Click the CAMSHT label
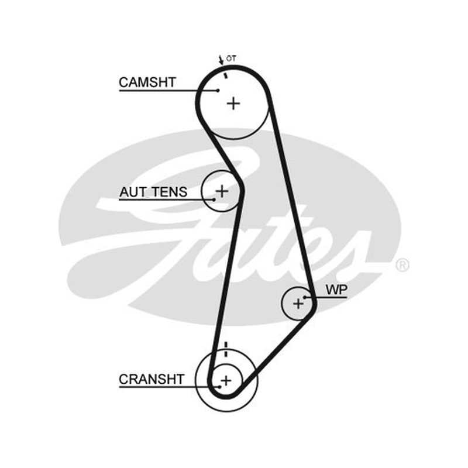click(147, 82)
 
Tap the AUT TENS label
click(153, 192)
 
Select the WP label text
click(336, 290)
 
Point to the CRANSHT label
click(152, 379)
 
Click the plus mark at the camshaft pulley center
click(233, 104)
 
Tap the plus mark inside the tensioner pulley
click(222, 191)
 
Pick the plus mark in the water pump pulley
click(298, 304)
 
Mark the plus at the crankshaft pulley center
click(226, 381)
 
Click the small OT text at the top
click(231, 58)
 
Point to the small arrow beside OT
click(221, 60)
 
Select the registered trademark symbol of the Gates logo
click(402, 265)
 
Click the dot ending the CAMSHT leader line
click(218, 91)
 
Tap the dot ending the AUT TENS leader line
click(214, 199)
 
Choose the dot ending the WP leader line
click(305, 298)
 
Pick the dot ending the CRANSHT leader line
click(220, 387)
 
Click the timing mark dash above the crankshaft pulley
click(226, 349)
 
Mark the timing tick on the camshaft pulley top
click(226, 75)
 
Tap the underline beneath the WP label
click(326, 298)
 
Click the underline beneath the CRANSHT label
click(169, 387)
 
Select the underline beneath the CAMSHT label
click(168, 91)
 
